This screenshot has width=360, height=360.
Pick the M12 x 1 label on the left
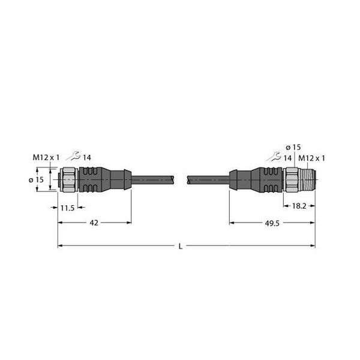click(x=46, y=157)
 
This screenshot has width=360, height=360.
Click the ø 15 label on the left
click(x=35, y=178)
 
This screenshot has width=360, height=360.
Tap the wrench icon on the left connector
click(x=73, y=157)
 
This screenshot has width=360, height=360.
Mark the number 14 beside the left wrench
click(x=87, y=157)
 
